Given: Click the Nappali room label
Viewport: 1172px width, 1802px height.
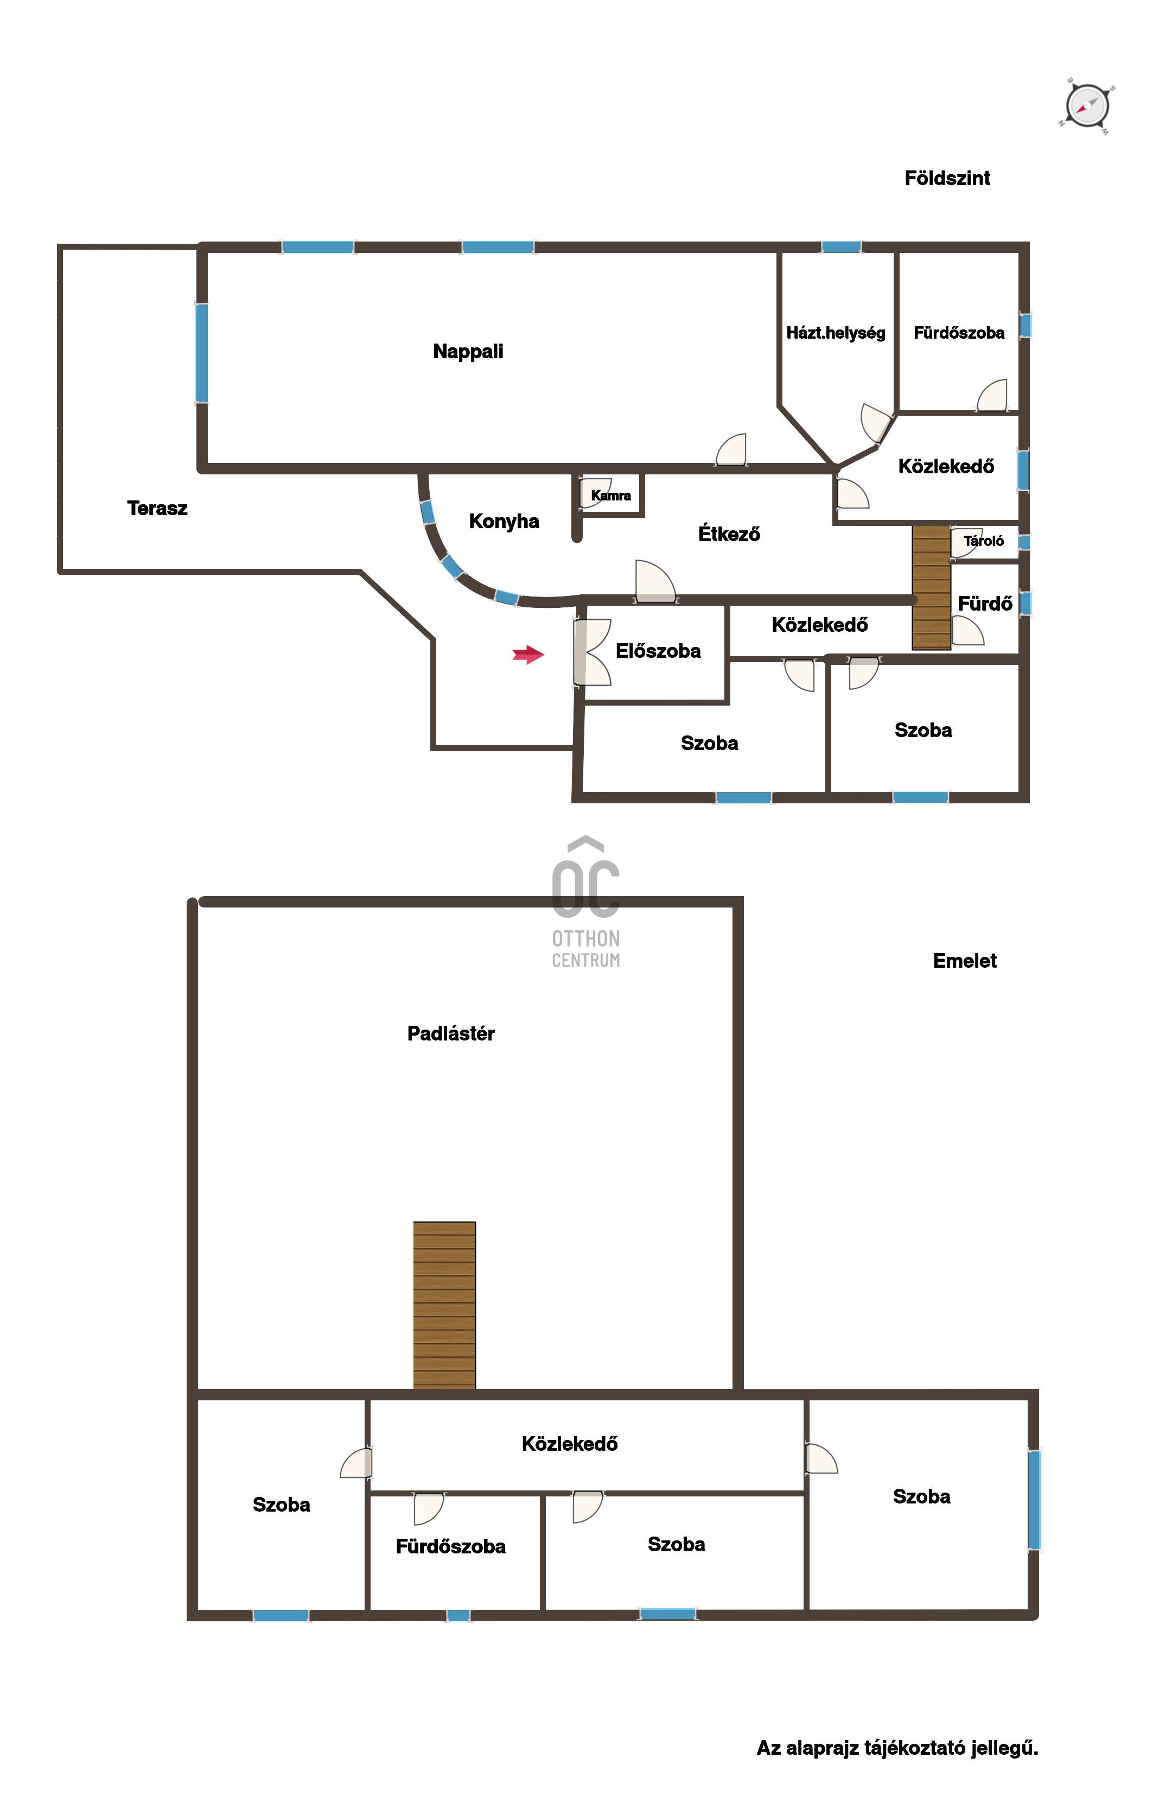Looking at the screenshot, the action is click(x=468, y=351).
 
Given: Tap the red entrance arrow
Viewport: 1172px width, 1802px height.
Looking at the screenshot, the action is click(x=528, y=654).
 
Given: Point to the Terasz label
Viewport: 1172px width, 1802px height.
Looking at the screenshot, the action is click(x=157, y=508).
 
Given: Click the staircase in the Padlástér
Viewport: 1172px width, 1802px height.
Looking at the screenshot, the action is click(x=444, y=1306).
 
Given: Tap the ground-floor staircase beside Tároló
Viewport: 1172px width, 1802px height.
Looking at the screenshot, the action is click(x=931, y=587).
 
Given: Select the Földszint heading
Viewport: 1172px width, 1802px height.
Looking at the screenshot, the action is click(x=947, y=178).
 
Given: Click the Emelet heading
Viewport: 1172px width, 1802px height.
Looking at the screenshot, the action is click(x=965, y=961).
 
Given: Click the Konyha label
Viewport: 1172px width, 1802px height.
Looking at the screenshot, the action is click(x=504, y=521).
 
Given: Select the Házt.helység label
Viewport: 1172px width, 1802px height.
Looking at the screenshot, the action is click(x=836, y=333).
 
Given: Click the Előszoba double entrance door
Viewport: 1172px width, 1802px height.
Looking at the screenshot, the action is click(x=591, y=652).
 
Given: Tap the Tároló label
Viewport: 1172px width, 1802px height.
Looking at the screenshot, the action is click(x=984, y=541).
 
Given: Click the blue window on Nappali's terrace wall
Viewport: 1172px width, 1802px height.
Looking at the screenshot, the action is click(x=201, y=353).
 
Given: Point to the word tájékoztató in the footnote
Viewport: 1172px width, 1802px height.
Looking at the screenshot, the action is click(x=915, y=1748).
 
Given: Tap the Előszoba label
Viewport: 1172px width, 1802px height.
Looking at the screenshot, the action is click(x=658, y=651).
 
